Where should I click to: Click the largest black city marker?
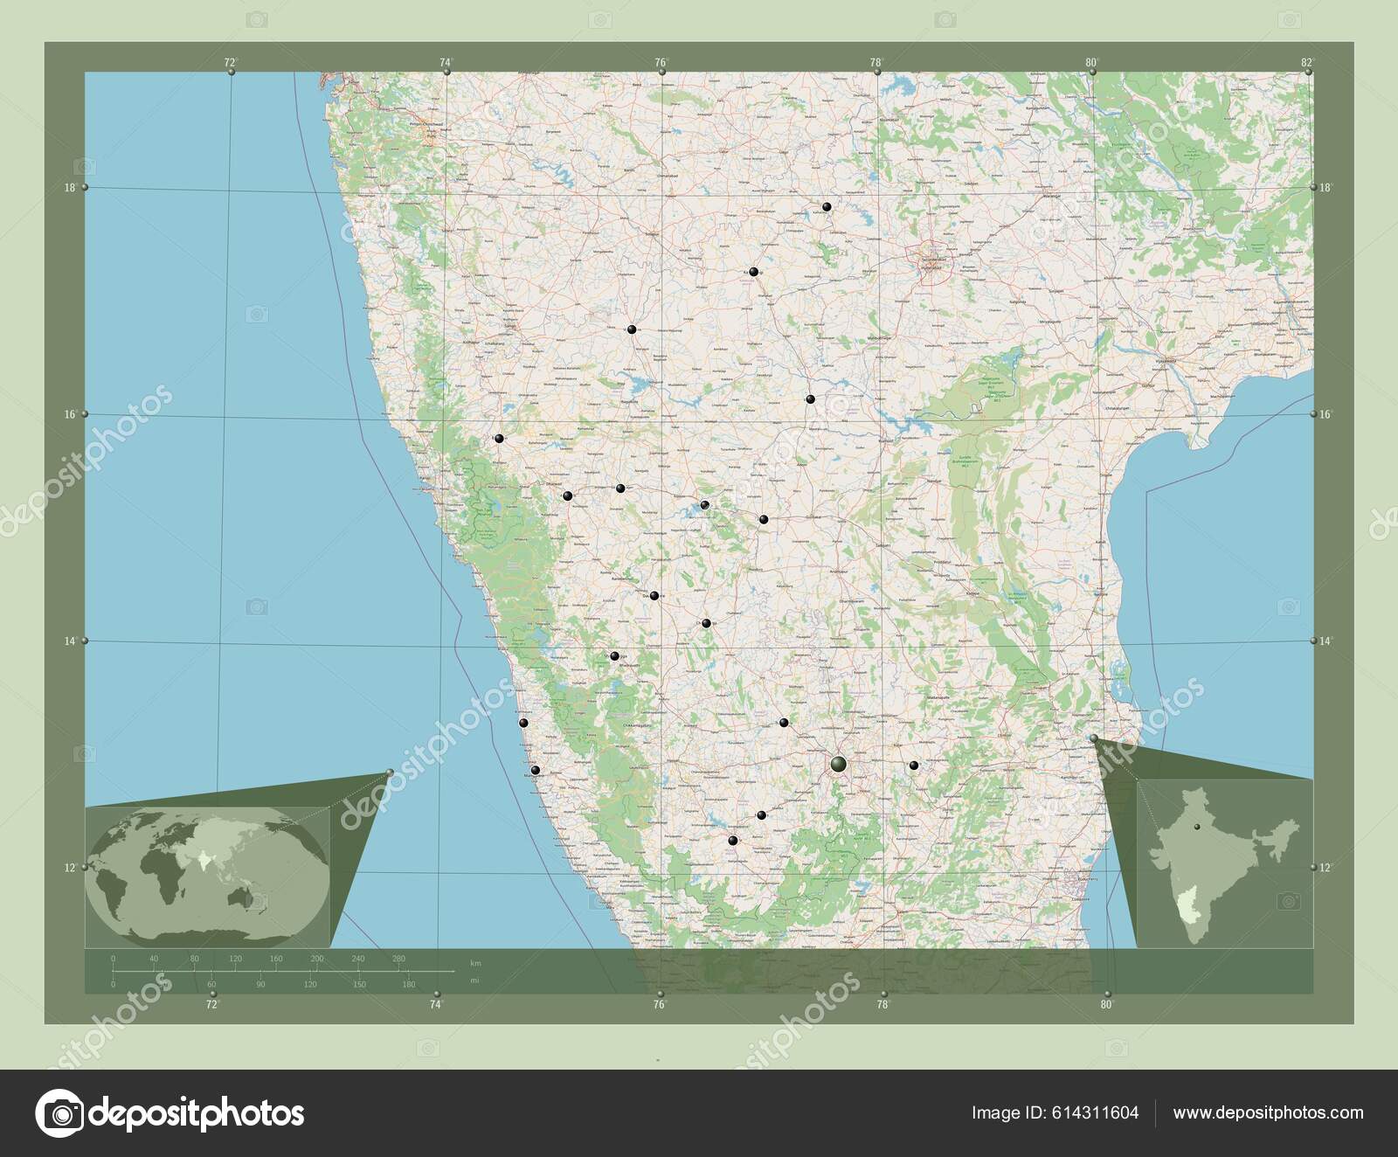click(839, 765)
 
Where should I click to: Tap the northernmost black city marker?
click(826, 207)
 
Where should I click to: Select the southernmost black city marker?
click(732, 841)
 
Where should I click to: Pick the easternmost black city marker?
click(914, 766)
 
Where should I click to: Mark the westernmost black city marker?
click(499, 439)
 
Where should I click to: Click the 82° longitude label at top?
click(1307, 62)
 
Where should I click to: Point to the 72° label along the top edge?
click(231, 62)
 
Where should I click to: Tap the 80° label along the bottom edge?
click(1107, 1005)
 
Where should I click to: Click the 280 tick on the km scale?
click(399, 960)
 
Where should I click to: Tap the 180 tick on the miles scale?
click(408, 985)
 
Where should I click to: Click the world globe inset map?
click(208, 876)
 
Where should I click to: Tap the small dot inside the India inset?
click(1200, 823)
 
